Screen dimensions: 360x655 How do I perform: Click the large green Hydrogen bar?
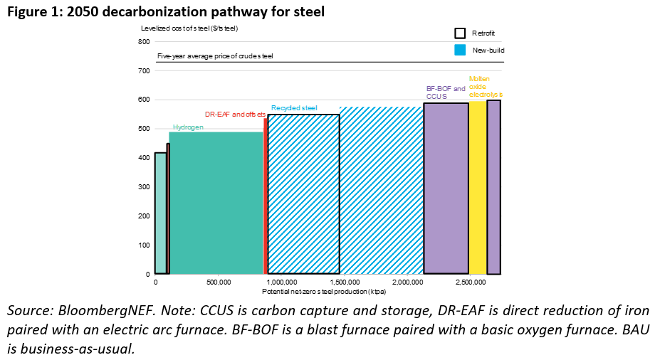pos(216,203)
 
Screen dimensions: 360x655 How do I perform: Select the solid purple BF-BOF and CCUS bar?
pos(446,189)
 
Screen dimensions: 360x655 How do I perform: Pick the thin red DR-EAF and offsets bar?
pos(266,196)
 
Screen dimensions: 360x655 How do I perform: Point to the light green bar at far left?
pos(160,213)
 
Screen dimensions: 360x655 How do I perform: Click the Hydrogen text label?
pos(188,127)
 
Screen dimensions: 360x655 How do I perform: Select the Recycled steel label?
pos(294,108)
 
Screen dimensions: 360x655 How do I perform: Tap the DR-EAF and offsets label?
pos(235,114)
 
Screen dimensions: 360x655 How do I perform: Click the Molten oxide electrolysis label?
pos(485,86)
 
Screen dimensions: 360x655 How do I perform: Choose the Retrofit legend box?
pos(461,33)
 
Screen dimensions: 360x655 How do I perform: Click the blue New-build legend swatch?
pos(461,50)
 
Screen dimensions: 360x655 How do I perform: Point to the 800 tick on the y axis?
pos(144,42)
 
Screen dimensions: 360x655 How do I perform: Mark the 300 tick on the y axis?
pos(144,187)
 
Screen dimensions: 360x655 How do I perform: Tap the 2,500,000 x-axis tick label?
pos(471,282)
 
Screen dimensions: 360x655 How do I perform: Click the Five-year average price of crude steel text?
pos(215,55)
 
